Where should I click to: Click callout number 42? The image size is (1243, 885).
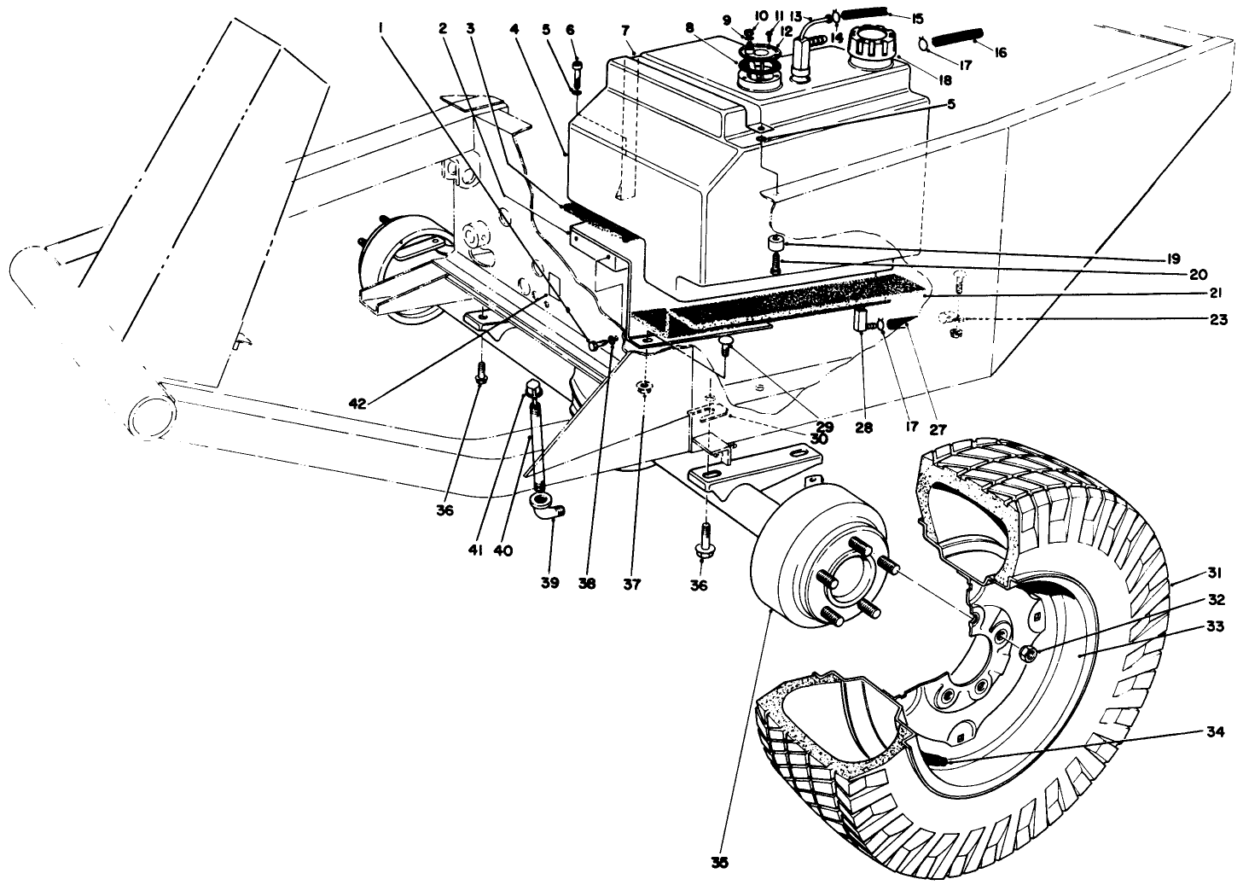357,403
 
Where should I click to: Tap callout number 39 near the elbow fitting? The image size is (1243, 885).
549,583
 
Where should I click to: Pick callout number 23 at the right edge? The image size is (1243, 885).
1217,321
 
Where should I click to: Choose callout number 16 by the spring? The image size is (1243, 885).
999,53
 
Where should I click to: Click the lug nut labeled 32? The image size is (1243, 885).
1027,654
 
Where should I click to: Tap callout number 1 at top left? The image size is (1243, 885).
380,27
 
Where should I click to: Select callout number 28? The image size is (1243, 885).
864,428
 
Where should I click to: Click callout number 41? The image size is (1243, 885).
475,551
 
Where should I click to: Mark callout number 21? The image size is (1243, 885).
1218,293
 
